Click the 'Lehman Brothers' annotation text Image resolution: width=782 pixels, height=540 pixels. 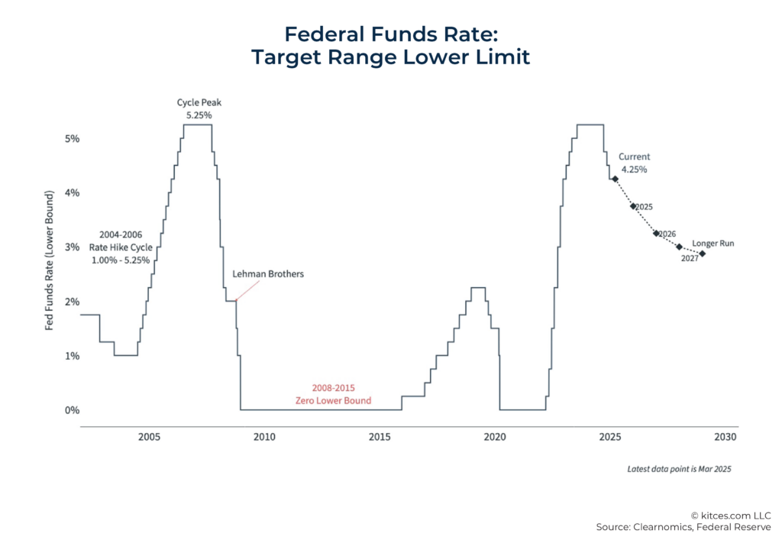coord(268,273)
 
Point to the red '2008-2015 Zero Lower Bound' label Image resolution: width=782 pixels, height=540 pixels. coord(333,394)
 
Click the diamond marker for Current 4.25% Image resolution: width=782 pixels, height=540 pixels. coord(614,179)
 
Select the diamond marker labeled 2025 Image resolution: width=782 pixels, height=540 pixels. coord(633,205)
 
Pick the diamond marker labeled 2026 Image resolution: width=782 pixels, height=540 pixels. coord(656,233)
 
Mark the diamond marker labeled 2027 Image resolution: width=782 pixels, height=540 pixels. coord(679,247)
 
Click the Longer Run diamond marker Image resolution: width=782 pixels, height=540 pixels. coord(702,254)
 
